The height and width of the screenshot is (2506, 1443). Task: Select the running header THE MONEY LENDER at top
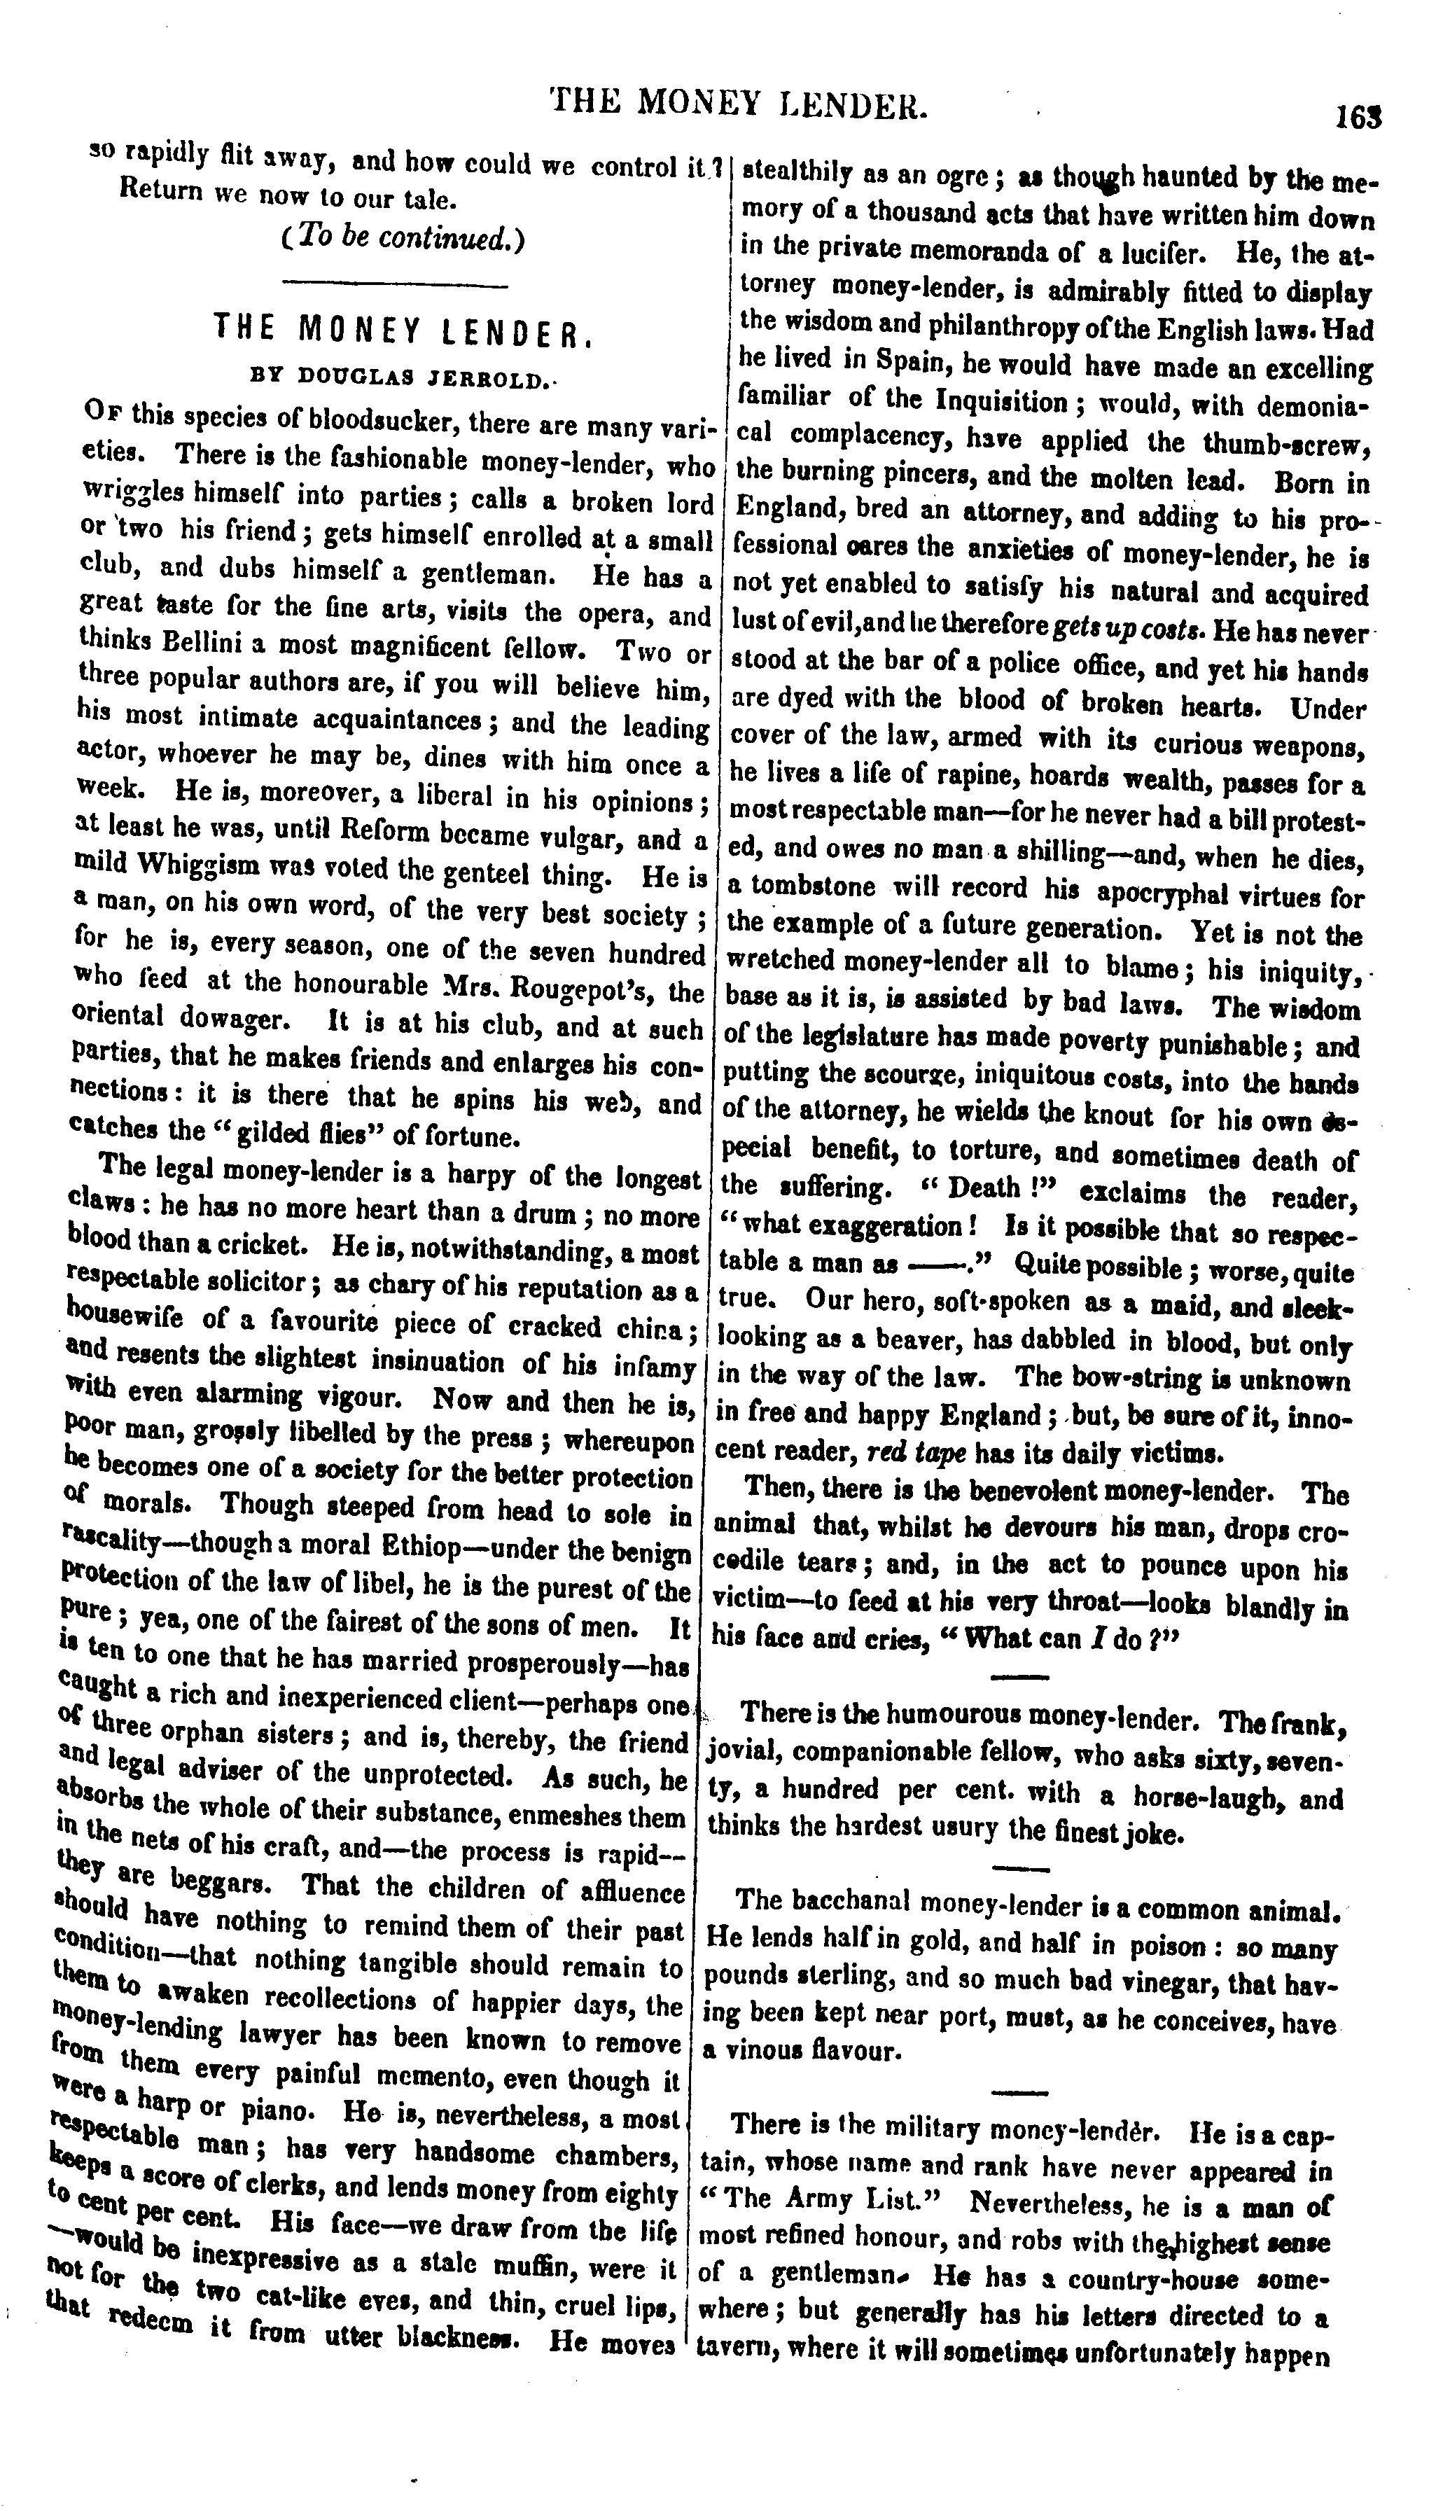(x=739, y=102)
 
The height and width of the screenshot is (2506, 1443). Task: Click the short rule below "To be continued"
(x=394, y=286)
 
